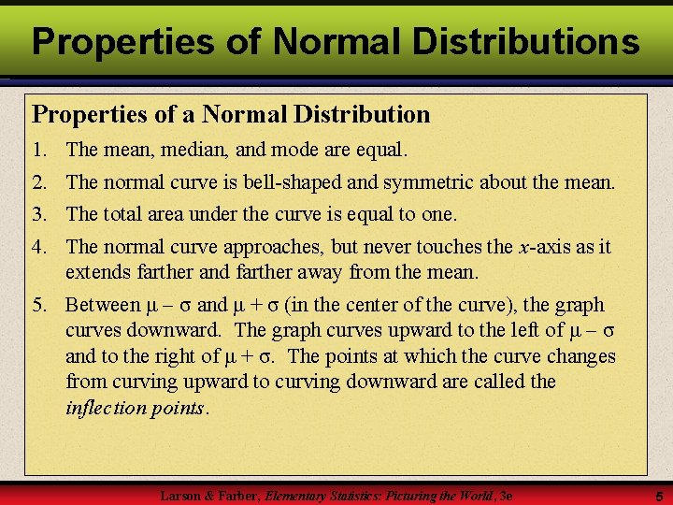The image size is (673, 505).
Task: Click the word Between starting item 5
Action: click(x=101, y=306)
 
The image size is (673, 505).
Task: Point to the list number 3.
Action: click(x=38, y=214)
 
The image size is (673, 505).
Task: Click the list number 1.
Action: click(x=38, y=149)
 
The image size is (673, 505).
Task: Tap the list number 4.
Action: click(x=38, y=247)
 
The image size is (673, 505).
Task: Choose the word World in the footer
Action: click(x=475, y=495)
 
